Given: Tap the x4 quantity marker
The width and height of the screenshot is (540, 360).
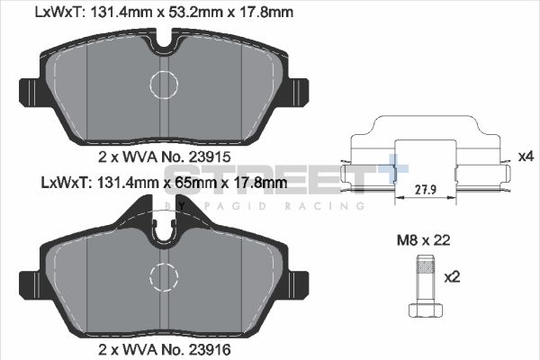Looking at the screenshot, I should [526, 157].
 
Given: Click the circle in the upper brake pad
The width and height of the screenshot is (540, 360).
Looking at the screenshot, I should [166, 85].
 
